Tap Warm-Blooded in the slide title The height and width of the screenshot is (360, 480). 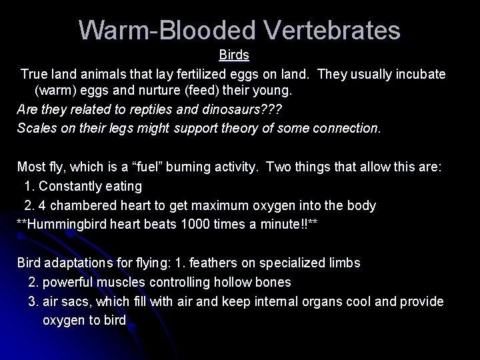(x=164, y=30)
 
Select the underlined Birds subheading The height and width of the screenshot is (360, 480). (x=234, y=56)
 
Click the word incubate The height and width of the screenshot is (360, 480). (x=419, y=73)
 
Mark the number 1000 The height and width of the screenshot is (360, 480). (x=195, y=225)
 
